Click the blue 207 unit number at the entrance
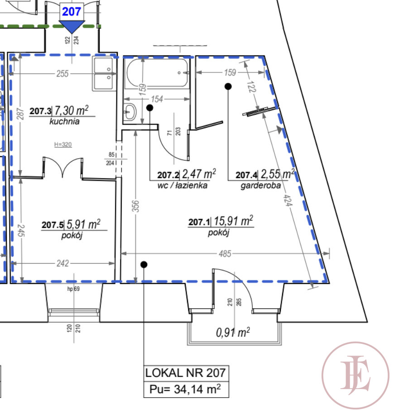tap(71, 12)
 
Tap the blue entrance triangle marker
tap(72, 27)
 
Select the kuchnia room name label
tap(64, 121)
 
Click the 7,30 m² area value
tap(71, 111)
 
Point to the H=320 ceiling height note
tap(63, 144)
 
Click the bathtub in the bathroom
tap(158, 72)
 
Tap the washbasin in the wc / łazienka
tap(130, 112)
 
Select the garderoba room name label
tap(260, 186)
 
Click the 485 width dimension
tap(225, 254)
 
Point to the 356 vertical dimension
tap(135, 206)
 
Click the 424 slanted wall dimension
tap(288, 200)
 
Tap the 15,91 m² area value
tap(233, 221)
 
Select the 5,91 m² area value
tap(83, 224)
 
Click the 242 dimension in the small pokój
tap(62, 263)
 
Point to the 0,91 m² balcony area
tap(233, 332)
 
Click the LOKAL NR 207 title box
tap(186, 373)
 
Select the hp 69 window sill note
tap(73, 289)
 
